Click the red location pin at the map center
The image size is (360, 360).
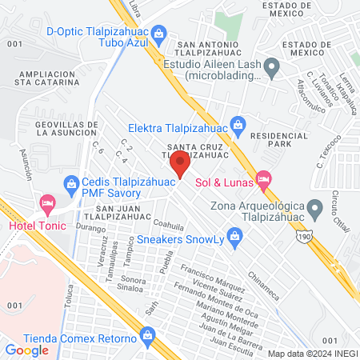pos(179,165)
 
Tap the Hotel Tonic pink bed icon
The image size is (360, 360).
pos(47,205)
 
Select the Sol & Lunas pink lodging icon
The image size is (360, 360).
pos(263,180)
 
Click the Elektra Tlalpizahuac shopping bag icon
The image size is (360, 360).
pos(238,124)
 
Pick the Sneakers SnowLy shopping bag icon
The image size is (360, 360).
pos(234,235)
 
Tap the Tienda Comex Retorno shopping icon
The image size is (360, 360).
pos(146,338)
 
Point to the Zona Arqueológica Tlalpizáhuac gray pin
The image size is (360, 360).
pos(316,209)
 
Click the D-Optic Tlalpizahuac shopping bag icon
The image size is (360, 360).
pos(159,33)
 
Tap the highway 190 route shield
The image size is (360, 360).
pos(306,238)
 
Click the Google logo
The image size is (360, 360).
pos(27,350)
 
